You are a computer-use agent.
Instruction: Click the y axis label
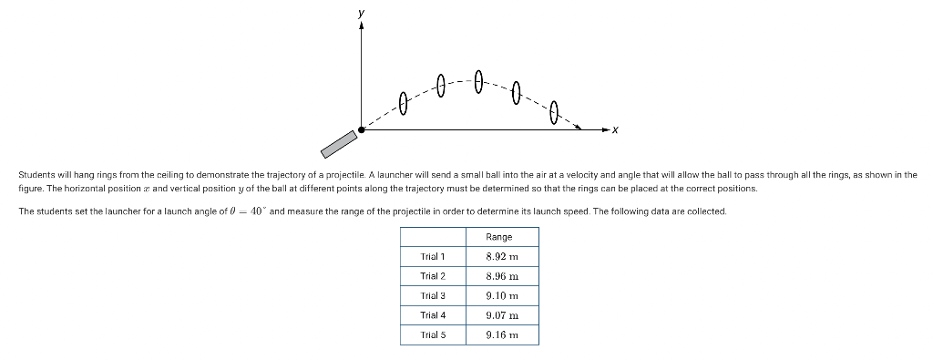pyautogui.click(x=362, y=14)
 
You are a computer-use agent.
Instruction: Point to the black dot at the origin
pyautogui.click(x=362, y=130)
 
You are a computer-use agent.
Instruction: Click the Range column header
pyautogui.click(x=501, y=237)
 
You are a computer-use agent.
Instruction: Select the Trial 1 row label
pyautogui.click(x=433, y=256)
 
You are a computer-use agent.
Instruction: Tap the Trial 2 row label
pyautogui.click(x=433, y=275)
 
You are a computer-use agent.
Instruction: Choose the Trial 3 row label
pyautogui.click(x=433, y=295)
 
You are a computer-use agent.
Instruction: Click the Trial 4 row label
pyautogui.click(x=433, y=314)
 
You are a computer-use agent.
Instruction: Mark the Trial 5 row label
pyautogui.click(x=433, y=334)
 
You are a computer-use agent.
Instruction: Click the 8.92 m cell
pyautogui.click(x=501, y=256)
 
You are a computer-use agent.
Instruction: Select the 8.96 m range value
pyautogui.click(x=501, y=275)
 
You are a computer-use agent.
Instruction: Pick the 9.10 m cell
pyautogui.click(x=501, y=295)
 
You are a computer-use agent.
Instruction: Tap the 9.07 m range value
pyautogui.click(x=501, y=314)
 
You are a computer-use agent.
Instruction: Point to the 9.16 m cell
pyautogui.click(x=501, y=334)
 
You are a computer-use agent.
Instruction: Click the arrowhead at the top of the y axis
pyautogui.click(x=362, y=27)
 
